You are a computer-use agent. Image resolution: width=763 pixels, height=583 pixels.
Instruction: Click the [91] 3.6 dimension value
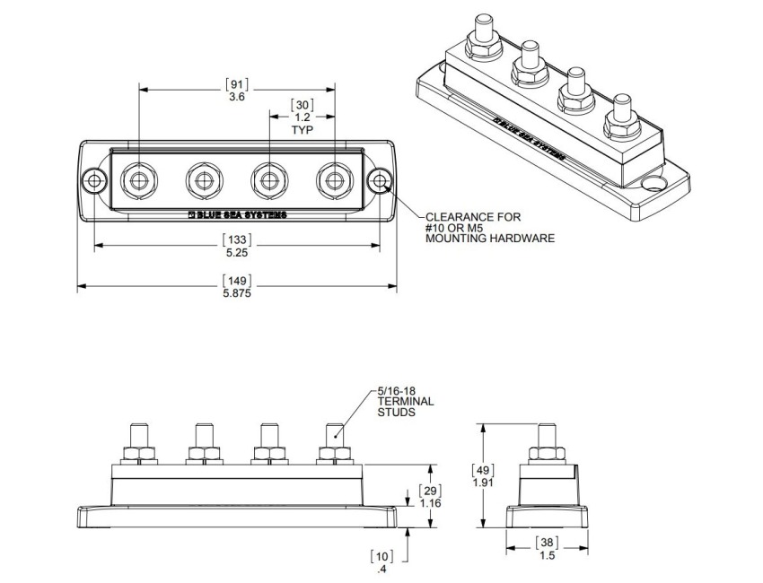(237, 90)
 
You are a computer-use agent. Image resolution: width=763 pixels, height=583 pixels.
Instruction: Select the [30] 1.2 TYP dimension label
(302, 116)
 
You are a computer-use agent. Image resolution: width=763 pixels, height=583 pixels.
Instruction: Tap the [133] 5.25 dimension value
(237, 248)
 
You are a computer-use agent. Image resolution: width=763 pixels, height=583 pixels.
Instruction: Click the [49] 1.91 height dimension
(484, 478)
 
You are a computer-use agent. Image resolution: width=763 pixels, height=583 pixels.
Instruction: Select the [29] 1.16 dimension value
(432, 496)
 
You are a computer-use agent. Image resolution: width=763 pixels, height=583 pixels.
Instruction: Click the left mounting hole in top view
(92, 181)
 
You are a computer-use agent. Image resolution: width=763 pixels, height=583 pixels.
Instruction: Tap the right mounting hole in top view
(381, 181)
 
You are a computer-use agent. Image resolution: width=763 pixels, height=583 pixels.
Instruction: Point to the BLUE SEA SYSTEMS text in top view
(236, 216)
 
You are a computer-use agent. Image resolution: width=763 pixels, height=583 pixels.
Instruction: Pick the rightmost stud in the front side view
(332, 439)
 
